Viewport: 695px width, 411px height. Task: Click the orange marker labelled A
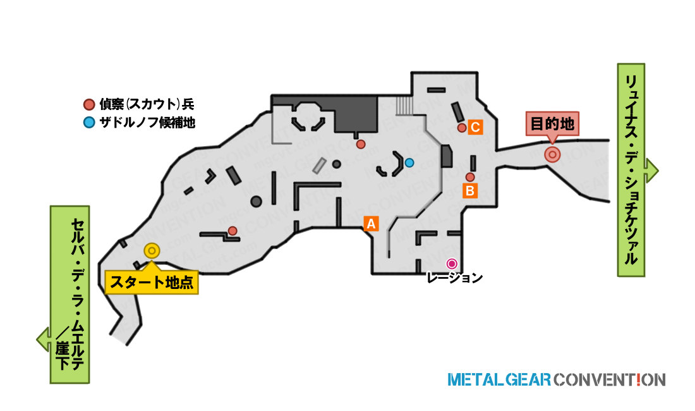click(x=371, y=223)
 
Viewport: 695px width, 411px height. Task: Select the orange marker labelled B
click(x=470, y=191)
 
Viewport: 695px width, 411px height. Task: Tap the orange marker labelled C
click(x=475, y=127)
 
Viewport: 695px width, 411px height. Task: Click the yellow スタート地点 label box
click(x=152, y=282)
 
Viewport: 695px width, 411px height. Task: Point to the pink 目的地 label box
click(x=552, y=124)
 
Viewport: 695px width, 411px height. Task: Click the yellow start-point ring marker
click(x=152, y=251)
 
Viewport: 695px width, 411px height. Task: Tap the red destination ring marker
click(x=552, y=155)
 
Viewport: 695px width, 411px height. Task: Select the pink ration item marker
click(x=452, y=264)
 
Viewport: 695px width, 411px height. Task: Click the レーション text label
click(x=454, y=278)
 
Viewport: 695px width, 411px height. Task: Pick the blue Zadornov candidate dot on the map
click(x=409, y=163)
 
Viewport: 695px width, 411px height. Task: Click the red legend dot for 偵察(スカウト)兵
click(x=89, y=104)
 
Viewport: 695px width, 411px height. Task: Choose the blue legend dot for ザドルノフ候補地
click(x=89, y=122)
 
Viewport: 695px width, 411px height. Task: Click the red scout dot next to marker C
click(x=462, y=128)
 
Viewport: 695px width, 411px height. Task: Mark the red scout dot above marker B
click(x=470, y=177)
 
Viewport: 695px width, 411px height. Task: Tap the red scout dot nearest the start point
click(x=233, y=231)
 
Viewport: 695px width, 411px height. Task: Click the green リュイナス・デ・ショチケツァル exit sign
click(x=631, y=170)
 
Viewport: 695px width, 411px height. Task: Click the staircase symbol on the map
click(x=404, y=106)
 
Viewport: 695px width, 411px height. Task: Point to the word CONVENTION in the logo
click(x=610, y=380)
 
